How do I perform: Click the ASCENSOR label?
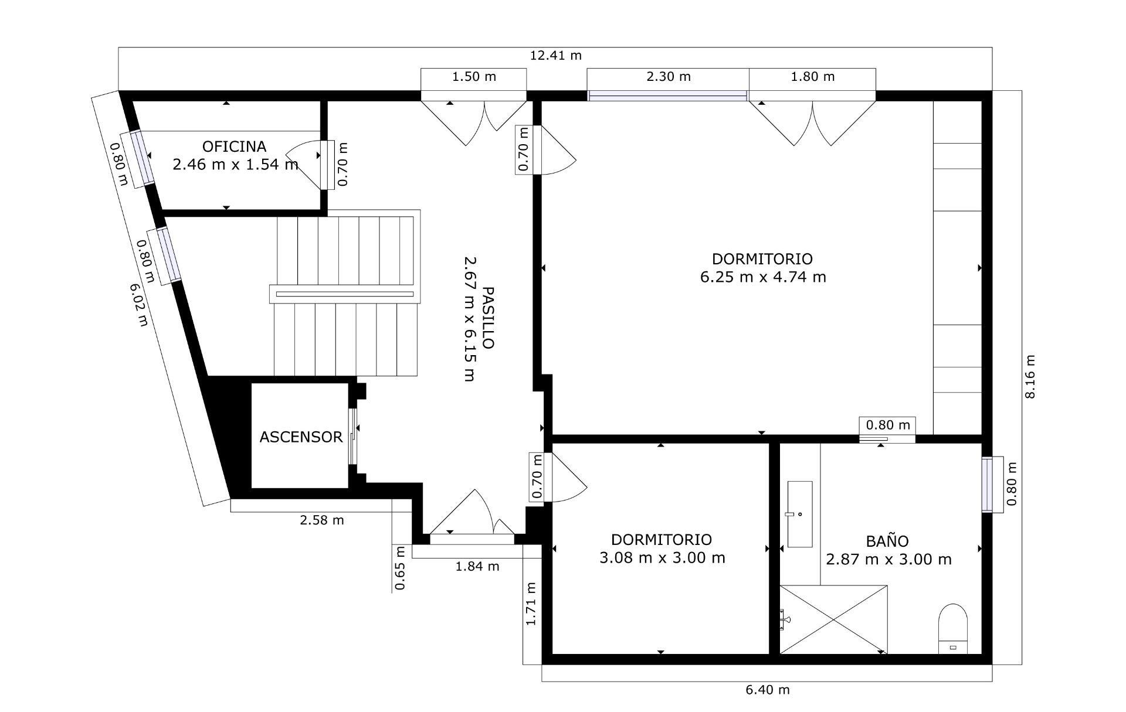pyautogui.click(x=300, y=437)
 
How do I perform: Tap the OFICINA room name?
pyautogui.click(x=234, y=147)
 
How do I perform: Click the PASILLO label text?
pyautogui.click(x=487, y=318)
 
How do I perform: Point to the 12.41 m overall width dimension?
pyautogui.click(x=555, y=56)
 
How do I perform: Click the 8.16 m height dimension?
pyautogui.click(x=1030, y=377)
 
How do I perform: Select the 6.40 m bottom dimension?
pyautogui.click(x=767, y=690)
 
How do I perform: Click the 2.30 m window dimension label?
pyautogui.click(x=668, y=77)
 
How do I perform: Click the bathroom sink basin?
pyautogui.click(x=799, y=514)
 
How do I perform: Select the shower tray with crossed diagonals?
pyautogui.click(x=833, y=619)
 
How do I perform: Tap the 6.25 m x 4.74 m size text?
pyautogui.click(x=762, y=277)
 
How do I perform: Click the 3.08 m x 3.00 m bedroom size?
pyautogui.click(x=662, y=558)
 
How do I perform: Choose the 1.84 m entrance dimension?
pyautogui.click(x=477, y=566)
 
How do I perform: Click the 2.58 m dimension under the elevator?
pyautogui.click(x=321, y=520)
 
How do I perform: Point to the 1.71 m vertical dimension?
pyautogui.click(x=531, y=604)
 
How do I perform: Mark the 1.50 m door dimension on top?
pyautogui.click(x=473, y=77)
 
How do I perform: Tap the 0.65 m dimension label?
pyautogui.click(x=400, y=568)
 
